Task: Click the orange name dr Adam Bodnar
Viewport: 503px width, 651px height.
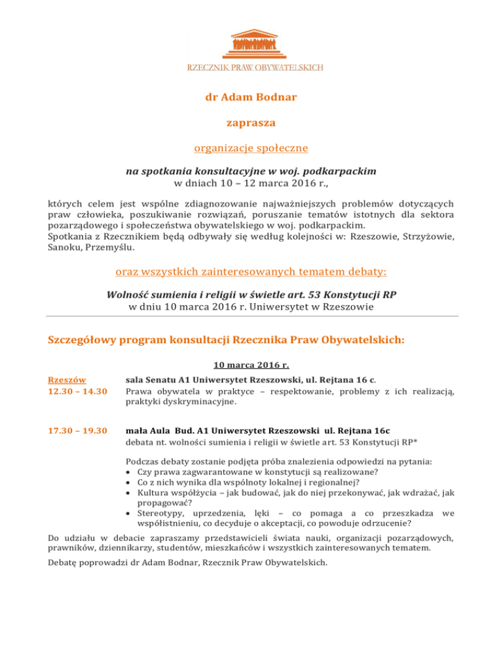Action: click(x=251, y=98)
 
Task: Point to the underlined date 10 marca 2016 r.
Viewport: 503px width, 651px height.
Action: click(x=251, y=365)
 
